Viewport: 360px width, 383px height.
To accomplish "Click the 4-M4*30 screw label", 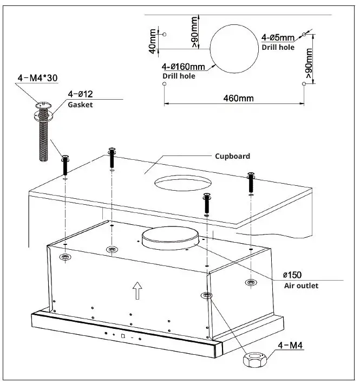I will (x=37, y=78).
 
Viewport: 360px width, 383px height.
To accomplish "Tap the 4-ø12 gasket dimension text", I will (x=79, y=94).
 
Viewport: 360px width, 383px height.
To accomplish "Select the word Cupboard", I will (x=232, y=156).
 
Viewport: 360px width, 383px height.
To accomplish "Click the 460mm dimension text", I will (x=238, y=98).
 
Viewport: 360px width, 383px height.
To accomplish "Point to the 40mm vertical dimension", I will (x=153, y=41).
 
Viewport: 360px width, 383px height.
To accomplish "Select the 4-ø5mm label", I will (x=278, y=38).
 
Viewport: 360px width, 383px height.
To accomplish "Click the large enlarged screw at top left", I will (x=43, y=133).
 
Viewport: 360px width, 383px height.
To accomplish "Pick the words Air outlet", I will (x=301, y=285).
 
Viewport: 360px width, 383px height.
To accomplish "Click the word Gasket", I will (x=80, y=105).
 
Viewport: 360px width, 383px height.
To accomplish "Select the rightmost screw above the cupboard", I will (x=251, y=183).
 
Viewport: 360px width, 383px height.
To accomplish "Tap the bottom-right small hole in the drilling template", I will (x=304, y=83).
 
